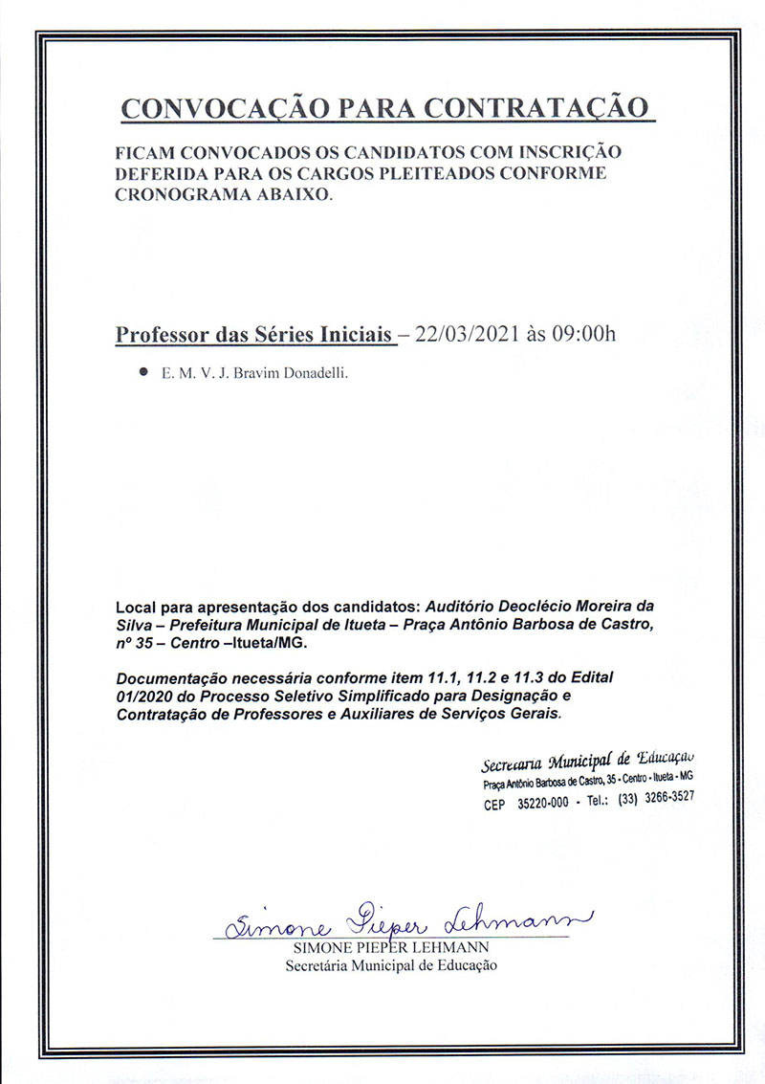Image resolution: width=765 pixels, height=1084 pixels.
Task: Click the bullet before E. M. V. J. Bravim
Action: pyautogui.click(x=143, y=374)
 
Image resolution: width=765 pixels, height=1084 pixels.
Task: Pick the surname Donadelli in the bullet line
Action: pyautogui.click(x=317, y=375)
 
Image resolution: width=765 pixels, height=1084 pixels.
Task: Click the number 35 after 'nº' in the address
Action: pyautogui.click(x=142, y=643)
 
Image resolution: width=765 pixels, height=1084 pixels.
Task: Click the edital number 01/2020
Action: pyautogui.click(x=145, y=696)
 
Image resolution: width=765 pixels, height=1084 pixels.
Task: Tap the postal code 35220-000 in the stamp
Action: pyautogui.click(x=542, y=805)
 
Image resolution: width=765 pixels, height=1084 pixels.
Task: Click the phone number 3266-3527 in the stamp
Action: pyautogui.click(x=669, y=797)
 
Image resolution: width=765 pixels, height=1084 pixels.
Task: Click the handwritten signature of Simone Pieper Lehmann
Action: pyautogui.click(x=402, y=923)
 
